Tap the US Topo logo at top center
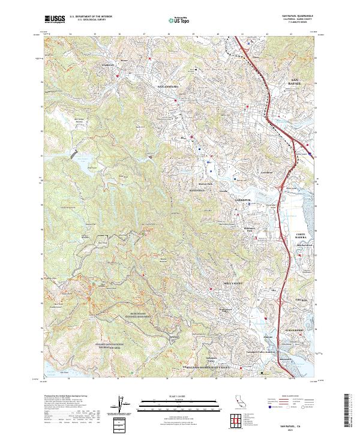(178, 20)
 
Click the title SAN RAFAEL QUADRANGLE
(296, 16)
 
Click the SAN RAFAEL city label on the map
(298, 82)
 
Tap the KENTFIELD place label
(197, 190)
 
